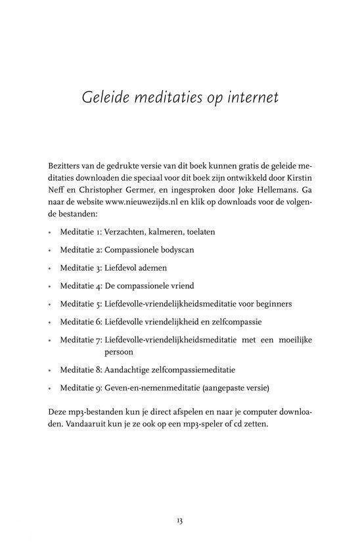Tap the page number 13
pos(179,521)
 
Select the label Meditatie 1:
pos(81,232)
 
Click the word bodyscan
pos(175,250)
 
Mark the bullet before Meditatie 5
pos(50,305)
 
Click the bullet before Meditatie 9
pos(50,388)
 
